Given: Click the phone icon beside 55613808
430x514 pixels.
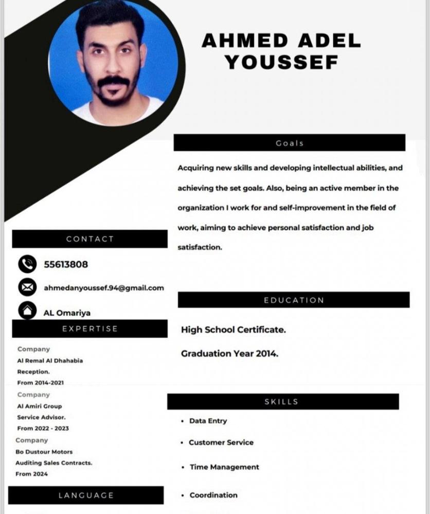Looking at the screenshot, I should pyautogui.click(x=27, y=264).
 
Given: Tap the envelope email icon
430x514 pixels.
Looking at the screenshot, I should pyautogui.click(x=27, y=287).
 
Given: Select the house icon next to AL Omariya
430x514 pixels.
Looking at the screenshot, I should pyautogui.click(x=27, y=310).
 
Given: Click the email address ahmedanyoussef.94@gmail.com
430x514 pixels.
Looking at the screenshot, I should pyautogui.click(x=104, y=288).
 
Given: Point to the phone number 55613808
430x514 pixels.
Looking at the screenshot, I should pyautogui.click(x=66, y=265).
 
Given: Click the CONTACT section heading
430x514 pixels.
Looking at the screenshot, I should pyautogui.click(x=90, y=239).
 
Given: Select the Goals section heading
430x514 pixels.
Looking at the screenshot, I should pyautogui.click(x=290, y=143).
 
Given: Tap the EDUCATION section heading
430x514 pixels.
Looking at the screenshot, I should pyautogui.click(x=294, y=300).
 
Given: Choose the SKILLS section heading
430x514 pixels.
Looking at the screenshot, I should pyautogui.click(x=281, y=402).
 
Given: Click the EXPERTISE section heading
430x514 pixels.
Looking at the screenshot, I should pyautogui.click(x=90, y=329).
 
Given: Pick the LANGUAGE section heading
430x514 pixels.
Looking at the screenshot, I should pyautogui.click(x=86, y=495).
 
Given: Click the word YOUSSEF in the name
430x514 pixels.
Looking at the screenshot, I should pyautogui.click(x=282, y=63).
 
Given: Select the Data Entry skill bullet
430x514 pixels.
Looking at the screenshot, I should pyautogui.click(x=208, y=421).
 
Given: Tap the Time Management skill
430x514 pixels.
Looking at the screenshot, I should pyautogui.click(x=224, y=467).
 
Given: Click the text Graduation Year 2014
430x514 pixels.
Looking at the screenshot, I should pyautogui.click(x=229, y=354).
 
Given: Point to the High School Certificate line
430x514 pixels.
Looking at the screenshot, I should pyautogui.click(x=233, y=330).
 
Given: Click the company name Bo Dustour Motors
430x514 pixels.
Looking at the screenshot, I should pyautogui.click(x=44, y=452).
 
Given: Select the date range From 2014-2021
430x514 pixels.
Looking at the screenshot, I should pyautogui.click(x=41, y=383).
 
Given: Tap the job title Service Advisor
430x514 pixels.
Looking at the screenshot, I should pyautogui.click(x=42, y=417).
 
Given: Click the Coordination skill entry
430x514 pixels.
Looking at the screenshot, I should pyautogui.click(x=213, y=495).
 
